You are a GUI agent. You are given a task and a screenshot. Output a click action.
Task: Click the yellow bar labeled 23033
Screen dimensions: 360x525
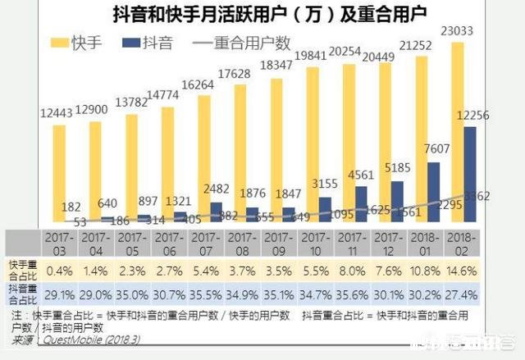coord(458,131)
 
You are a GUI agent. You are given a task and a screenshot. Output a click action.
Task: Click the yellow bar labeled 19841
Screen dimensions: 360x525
coord(313,144)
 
